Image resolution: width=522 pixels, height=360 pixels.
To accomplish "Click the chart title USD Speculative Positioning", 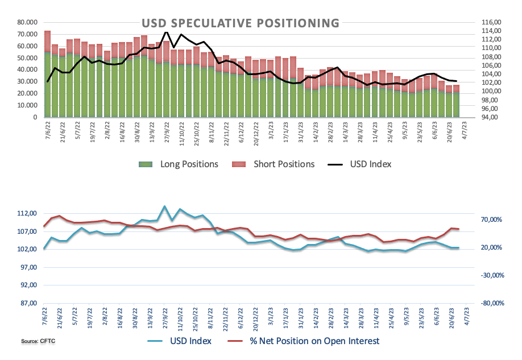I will (x=240, y=23).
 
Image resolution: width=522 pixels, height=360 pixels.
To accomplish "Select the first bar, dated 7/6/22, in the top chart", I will (x=47, y=74).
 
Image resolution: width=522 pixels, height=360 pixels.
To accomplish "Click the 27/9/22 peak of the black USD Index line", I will (x=165, y=32).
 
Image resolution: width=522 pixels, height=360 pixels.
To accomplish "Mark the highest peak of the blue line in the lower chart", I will (x=164, y=206).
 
